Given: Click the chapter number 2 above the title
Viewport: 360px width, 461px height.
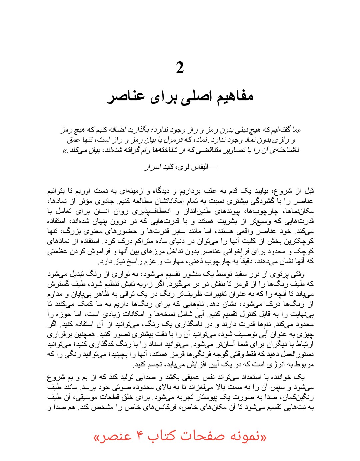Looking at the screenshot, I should pos(180,68).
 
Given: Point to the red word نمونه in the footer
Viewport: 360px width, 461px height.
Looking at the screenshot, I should pos(246,437).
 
